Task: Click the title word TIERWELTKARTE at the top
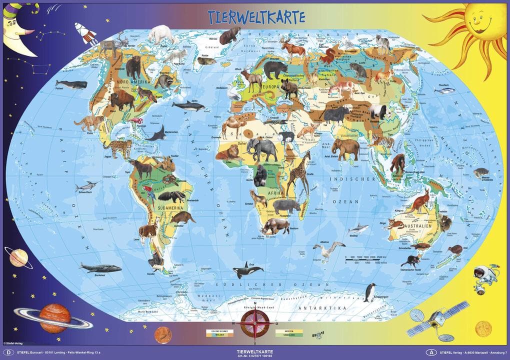pyautogui.click(x=255, y=16)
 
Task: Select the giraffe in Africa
pyautogui.click(x=298, y=175)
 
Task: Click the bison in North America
pyautogui.click(x=122, y=100)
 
